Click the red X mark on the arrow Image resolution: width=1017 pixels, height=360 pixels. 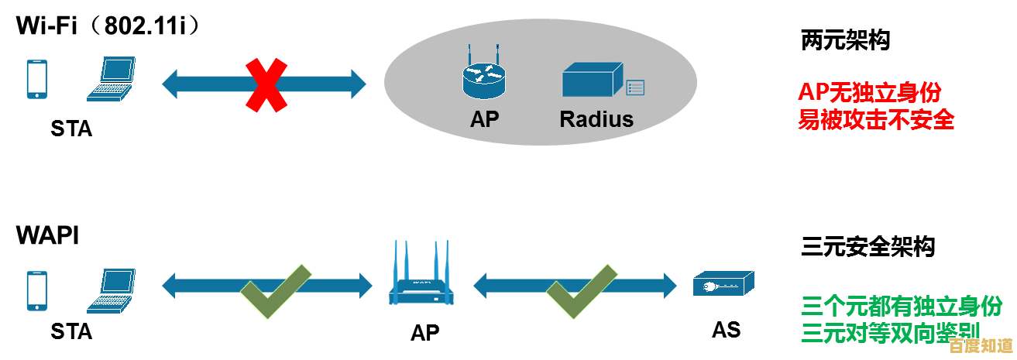pyautogui.click(x=266, y=84)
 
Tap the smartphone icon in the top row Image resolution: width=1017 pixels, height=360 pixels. pyautogui.click(x=36, y=80)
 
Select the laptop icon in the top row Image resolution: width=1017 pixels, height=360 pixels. pyautogui.click(x=111, y=79)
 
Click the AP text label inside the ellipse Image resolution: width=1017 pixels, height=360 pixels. pyautogui.click(x=485, y=119)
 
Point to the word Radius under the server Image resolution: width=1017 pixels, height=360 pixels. pyautogui.click(x=596, y=119)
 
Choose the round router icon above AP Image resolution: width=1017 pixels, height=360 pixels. pyautogui.click(x=484, y=77)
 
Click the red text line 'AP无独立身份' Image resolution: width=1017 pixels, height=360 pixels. pyautogui.click(x=870, y=93)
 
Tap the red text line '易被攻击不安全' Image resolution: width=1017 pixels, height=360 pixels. pyautogui.click(x=876, y=120)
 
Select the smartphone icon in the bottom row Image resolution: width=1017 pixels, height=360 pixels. pyautogui.click(x=36, y=290)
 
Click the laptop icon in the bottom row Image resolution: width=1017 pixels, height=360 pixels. pyautogui.click(x=111, y=290)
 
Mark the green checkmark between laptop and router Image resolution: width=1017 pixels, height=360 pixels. pyautogui.click(x=275, y=291)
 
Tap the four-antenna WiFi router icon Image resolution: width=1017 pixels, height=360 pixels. pyautogui.click(x=421, y=275)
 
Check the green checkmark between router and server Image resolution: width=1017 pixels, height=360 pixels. pyautogui.click(x=582, y=291)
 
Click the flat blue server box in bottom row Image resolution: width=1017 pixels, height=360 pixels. pyautogui.click(x=723, y=283)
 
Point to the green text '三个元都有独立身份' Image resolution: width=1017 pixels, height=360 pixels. pyautogui.click(x=901, y=307)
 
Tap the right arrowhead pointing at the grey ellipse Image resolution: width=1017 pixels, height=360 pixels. pyautogui.click(x=356, y=84)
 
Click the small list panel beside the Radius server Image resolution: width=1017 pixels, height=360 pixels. pyautogui.click(x=635, y=87)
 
